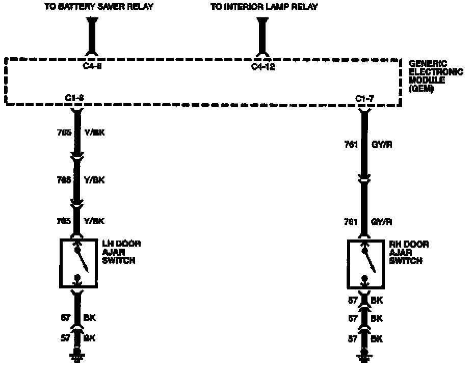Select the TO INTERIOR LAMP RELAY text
pos(264,7)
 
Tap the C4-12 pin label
pos(263,67)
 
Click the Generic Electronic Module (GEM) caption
pos(435,76)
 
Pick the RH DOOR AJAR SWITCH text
pos(408,252)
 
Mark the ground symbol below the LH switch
pos(77,356)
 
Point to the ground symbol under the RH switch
pos(364,356)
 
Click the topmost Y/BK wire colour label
pos(94,134)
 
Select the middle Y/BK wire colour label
pos(94,180)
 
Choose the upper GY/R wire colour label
pos(382,145)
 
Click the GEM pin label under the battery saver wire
pos(92,67)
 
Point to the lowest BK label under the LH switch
pos(90,337)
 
